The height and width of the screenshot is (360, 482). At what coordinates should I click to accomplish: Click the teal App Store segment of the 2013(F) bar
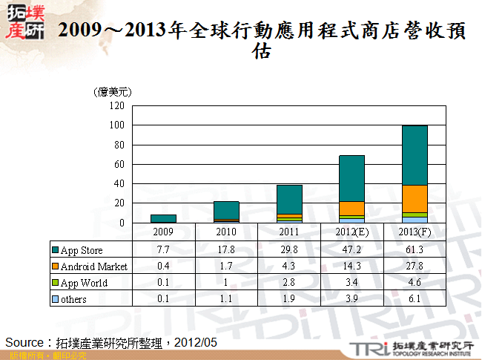(x=414, y=154)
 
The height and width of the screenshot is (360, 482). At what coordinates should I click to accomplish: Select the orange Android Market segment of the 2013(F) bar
(x=414, y=198)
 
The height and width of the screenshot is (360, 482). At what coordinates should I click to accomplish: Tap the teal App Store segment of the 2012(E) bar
(x=351, y=178)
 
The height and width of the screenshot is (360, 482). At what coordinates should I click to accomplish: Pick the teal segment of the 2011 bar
(x=288, y=199)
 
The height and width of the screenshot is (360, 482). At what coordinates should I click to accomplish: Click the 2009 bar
(x=163, y=218)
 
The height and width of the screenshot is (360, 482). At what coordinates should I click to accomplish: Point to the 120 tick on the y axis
(x=116, y=105)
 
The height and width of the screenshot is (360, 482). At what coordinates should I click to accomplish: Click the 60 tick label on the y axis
(x=119, y=164)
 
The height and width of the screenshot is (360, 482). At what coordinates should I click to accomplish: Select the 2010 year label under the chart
(x=226, y=232)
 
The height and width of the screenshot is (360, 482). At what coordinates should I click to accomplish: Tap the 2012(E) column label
(x=351, y=232)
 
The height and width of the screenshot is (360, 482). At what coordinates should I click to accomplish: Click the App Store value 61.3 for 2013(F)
(x=414, y=249)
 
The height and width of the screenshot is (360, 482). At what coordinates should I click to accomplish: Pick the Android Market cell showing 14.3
(x=351, y=266)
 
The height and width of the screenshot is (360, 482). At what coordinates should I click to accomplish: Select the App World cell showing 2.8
(x=288, y=283)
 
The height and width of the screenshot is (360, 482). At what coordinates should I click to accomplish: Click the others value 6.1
(x=414, y=299)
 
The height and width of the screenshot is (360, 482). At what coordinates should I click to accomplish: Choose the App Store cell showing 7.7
(x=163, y=249)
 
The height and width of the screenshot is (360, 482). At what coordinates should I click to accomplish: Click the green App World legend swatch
(x=55, y=283)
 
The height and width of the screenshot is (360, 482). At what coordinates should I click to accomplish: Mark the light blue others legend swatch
(x=55, y=299)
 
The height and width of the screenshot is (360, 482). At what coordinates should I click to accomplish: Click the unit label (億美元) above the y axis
(x=113, y=92)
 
